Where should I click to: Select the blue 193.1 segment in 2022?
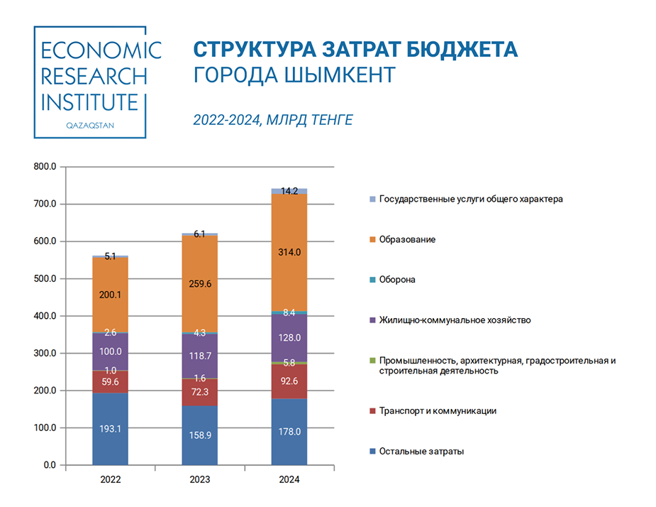pos(110,429)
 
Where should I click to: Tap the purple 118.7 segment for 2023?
pos(199,355)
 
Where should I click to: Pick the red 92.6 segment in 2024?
pos(289,382)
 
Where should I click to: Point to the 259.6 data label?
pos(199,283)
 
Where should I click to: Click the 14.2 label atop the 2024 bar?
pos(289,191)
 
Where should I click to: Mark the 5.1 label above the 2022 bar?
pos(110,256)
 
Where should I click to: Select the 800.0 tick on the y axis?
pos(45,167)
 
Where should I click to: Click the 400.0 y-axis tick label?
pos(45,316)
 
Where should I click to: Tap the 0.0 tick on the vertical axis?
pos(49,465)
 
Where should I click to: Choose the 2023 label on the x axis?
pos(199,480)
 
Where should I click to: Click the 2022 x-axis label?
pos(110,480)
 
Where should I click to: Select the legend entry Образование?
pos(407,239)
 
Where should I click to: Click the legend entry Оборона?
pos(397,280)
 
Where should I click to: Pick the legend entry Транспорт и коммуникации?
pos(438,410)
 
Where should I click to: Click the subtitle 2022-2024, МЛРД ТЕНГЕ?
pos(273,121)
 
